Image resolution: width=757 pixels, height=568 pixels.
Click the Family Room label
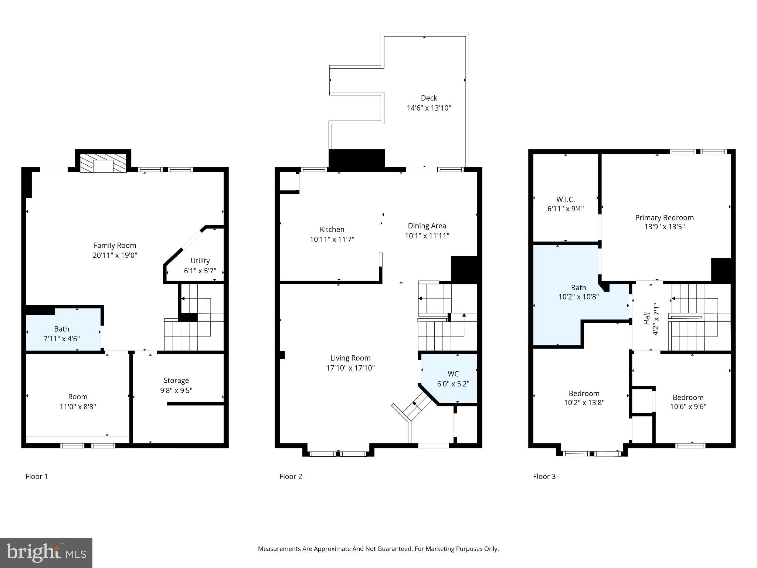115,246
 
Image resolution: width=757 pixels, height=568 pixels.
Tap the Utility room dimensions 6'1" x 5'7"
200,271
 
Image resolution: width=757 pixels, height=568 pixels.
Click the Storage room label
176,381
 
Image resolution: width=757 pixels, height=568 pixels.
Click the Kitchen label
332,229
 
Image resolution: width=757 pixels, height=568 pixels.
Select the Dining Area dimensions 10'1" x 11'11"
427,236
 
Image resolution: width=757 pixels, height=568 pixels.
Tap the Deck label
429,98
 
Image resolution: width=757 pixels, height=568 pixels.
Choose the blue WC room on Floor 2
453,379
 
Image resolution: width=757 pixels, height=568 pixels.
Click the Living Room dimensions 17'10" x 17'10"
350,368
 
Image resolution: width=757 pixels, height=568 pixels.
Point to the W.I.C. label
565,199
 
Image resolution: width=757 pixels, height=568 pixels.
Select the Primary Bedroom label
664,217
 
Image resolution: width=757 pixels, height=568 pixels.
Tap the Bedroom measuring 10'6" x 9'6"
688,402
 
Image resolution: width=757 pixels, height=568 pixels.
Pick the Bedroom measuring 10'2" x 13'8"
584,398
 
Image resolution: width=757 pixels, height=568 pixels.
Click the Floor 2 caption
291,476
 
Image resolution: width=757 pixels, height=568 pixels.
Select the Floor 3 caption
544,476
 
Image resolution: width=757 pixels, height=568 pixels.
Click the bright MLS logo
46,553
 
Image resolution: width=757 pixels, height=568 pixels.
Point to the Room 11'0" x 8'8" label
78,402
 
